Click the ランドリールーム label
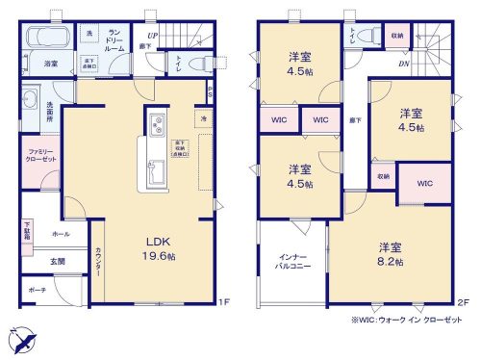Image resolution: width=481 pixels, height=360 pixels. click(x=114, y=38)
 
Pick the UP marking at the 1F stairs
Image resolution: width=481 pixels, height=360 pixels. click(x=153, y=36)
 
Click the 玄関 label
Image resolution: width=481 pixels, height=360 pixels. click(x=58, y=262)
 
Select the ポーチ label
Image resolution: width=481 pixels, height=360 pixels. click(x=37, y=290)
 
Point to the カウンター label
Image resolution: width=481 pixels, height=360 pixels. click(x=99, y=262)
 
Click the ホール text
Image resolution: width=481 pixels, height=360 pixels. click(x=61, y=234)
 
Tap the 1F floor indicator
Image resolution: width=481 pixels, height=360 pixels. click(x=222, y=302)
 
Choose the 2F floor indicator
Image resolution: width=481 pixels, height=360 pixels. click(x=461, y=302)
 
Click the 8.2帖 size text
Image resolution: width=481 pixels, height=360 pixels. click(x=390, y=262)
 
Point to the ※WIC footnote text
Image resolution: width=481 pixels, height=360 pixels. click(x=404, y=321)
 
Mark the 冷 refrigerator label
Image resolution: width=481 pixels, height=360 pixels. click(x=204, y=117)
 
